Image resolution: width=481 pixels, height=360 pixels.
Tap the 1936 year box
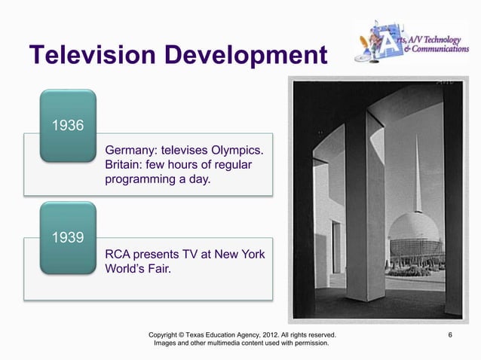(66, 124)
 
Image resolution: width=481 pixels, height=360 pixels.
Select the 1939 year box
(66, 239)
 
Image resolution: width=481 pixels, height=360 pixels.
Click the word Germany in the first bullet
(133, 149)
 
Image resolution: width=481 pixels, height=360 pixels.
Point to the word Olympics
(237, 149)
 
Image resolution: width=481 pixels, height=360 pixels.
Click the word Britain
(125, 165)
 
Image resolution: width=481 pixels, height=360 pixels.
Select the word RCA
(119, 255)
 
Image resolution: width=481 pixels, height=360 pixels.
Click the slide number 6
(450, 333)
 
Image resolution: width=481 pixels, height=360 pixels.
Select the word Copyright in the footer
(167, 333)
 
